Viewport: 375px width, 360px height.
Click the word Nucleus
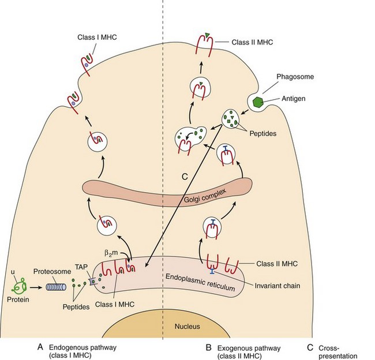[x=187, y=326]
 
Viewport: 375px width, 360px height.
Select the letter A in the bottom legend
[x=40, y=347]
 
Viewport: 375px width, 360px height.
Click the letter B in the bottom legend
[x=209, y=347]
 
